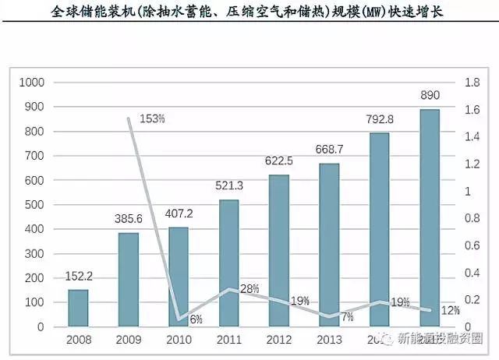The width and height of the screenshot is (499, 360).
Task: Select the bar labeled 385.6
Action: click(x=129, y=279)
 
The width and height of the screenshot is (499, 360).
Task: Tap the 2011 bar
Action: click(x=228, y=263)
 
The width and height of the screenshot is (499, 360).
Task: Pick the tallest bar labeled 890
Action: click(x=430, y=217)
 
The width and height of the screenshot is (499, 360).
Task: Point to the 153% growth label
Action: click(x=152, y=118)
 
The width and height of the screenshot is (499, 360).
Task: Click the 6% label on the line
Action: click(x=195, y=319)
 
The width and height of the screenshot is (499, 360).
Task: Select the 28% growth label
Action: click(x=249, y=288)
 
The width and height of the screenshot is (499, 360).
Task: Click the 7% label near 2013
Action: click(x=346, y=316)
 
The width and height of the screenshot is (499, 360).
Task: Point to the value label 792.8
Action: click(x=380, y=119)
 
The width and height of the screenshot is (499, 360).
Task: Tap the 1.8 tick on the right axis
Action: click(x=472, y=82)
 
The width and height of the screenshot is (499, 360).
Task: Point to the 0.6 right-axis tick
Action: click(x=472, y=245)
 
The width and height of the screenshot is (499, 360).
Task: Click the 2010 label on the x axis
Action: click(x=179, y=340)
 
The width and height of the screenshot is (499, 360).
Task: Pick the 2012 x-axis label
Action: click(x=278, y=340)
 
